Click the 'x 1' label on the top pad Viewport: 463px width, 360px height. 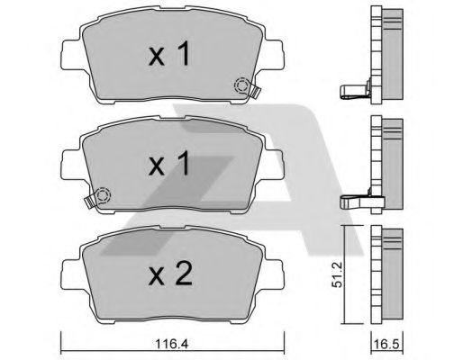pos(168,57)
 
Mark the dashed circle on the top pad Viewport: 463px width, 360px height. pos(242,86)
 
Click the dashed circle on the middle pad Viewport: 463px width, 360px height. pos(103,193)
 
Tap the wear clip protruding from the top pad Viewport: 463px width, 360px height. pos(256,90)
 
